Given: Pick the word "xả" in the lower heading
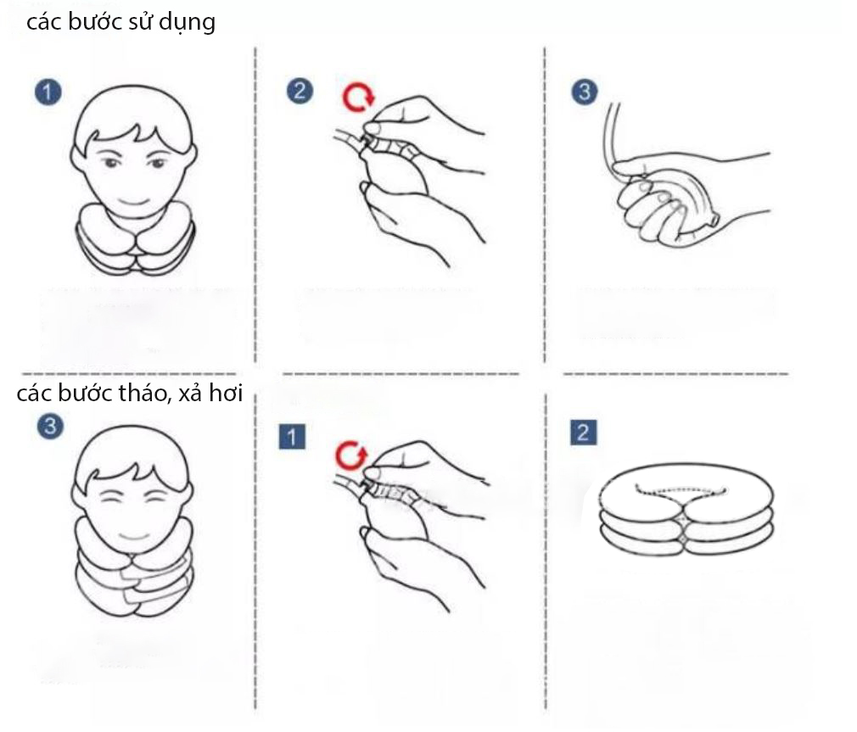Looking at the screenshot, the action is pos(190,394).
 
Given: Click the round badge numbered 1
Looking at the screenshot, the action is pos(48,92).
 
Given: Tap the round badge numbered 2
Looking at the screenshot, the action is pos(300,91).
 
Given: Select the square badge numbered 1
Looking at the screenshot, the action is pos(292,436).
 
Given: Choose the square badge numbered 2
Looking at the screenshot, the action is pos(583,432).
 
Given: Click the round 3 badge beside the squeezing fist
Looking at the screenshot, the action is pos(585,92).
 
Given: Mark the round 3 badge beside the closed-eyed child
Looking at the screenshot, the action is pos(50,426).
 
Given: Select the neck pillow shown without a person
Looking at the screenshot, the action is pos(686,509).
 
